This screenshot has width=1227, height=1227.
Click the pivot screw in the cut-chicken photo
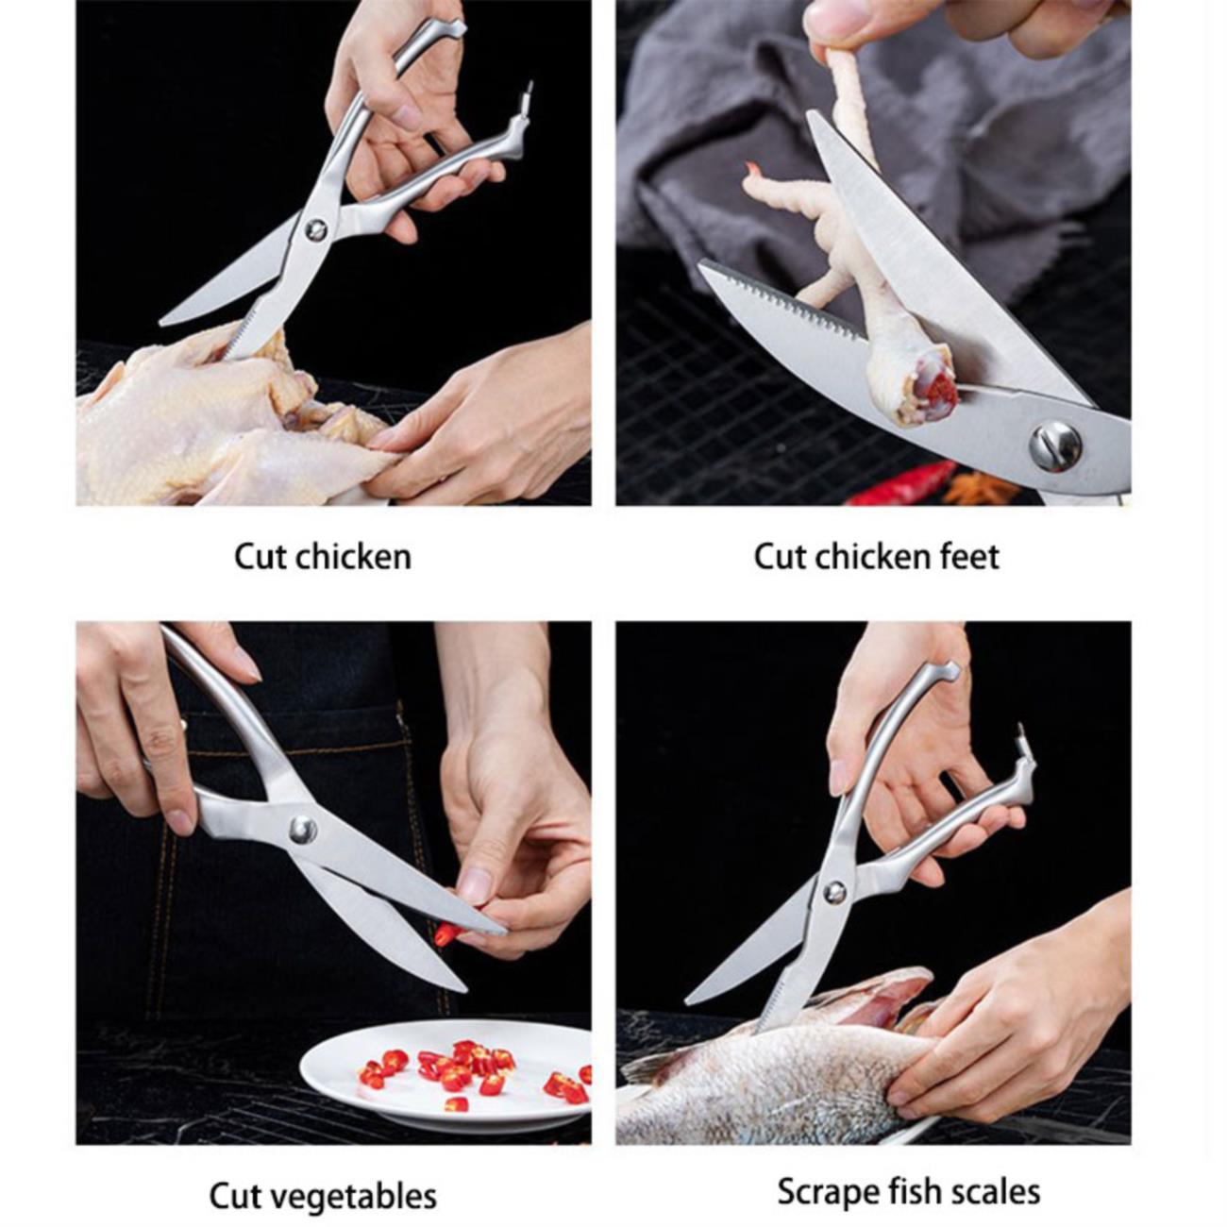point(316,230)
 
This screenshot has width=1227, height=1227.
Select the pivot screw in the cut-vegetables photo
point(302,830)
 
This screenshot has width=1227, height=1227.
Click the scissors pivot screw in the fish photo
point(834,893)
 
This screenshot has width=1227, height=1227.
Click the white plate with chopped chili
point(445,1076)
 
